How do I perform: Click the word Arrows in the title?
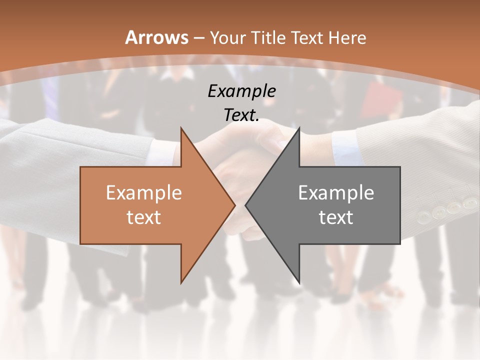click(x=157, y=37)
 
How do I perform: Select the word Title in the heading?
click(x=268, y=38)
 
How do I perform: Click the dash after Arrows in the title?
click(x=199, y=38)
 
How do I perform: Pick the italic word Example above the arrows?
click(x=241, y=91)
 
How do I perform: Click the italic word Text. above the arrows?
click(x=241, y=115)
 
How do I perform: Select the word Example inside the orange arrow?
click(x=144, y=193)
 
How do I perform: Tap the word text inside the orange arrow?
click(x=144, y=217)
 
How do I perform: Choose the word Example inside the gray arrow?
click(x=336, y=193)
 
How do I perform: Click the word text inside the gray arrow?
click(x=336, y=217)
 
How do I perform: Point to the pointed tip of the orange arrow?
click(x=235, y=205)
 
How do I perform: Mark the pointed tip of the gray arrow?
click(x=245, y=205)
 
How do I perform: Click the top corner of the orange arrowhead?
click(x=181, y=128)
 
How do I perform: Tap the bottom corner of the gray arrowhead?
click(x=299, y=282)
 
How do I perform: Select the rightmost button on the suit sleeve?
click(x=469, y=203)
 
